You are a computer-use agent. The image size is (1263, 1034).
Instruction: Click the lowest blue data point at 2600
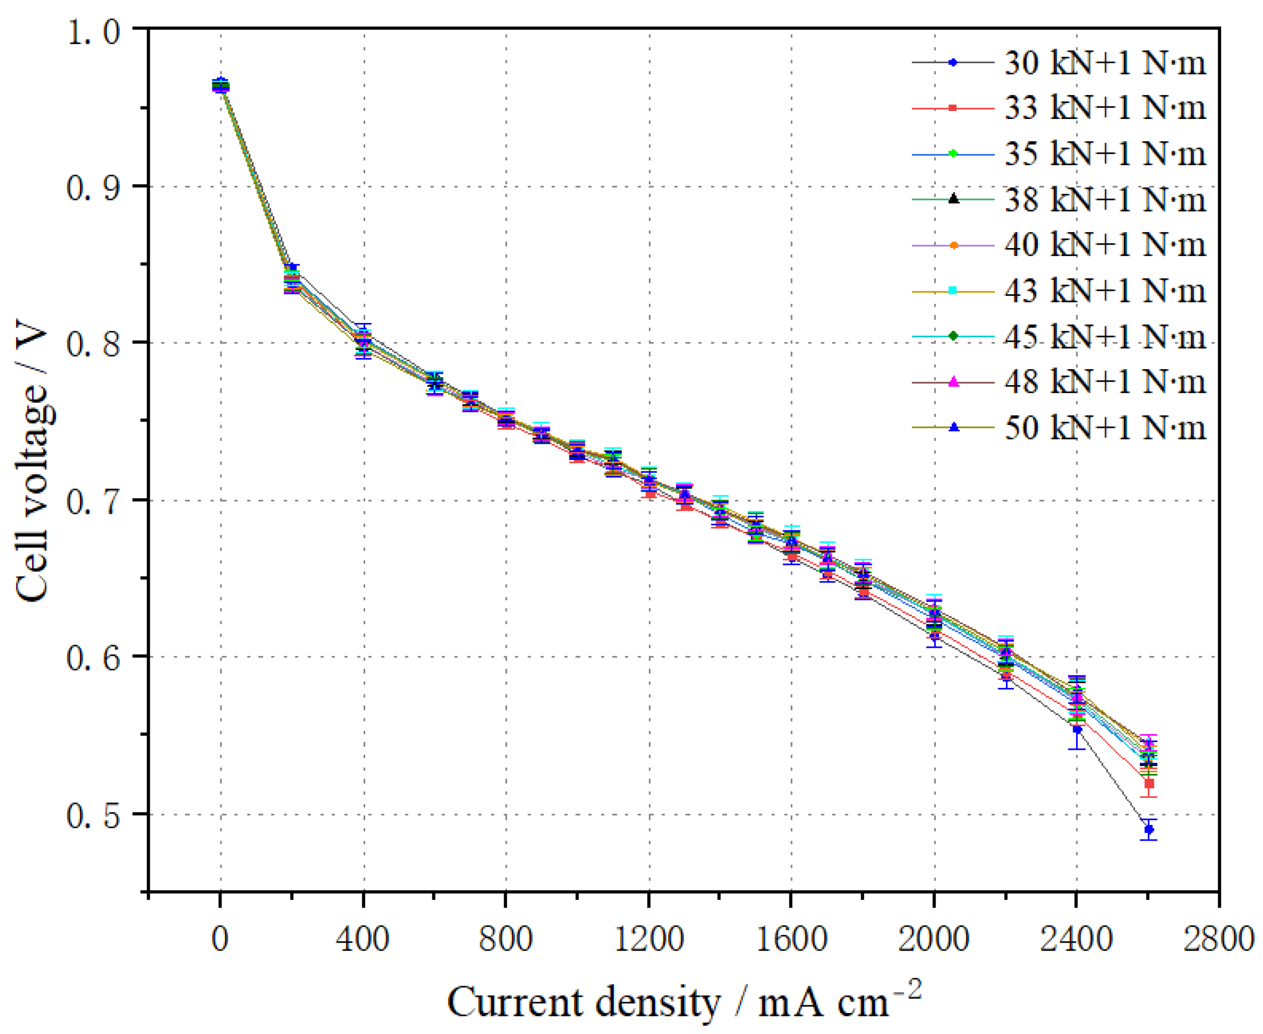tap(1149, 829)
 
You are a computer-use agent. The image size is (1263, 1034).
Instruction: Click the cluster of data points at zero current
tap(220, 86)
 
